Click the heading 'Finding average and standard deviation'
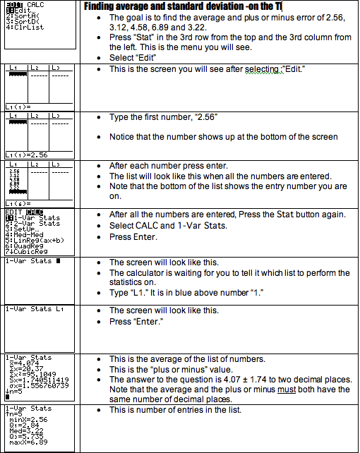(176, 6)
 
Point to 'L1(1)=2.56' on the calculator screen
(21, 153)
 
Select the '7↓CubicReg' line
(24, 250)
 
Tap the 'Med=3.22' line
(25, 432)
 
